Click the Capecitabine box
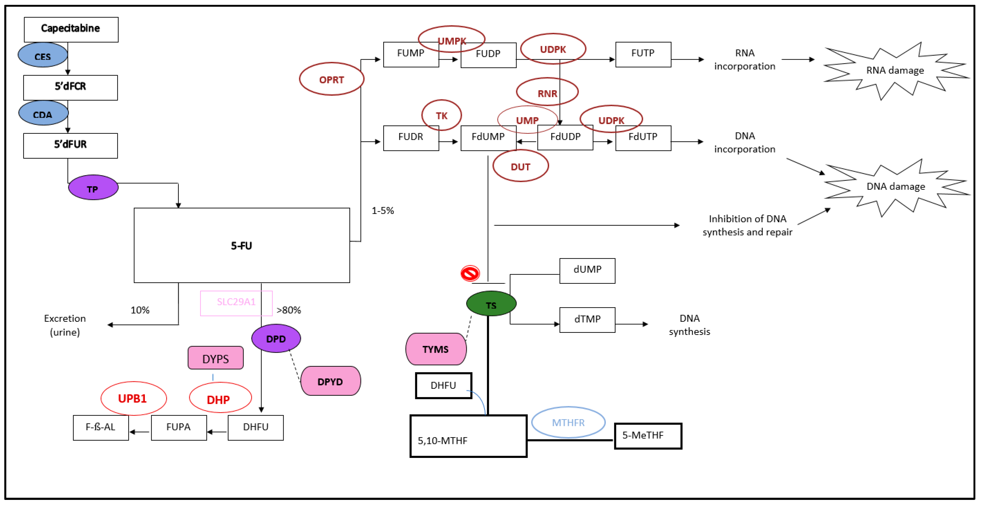click(71, 29)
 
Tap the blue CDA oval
click(43, 114)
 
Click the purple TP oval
click(93, 188)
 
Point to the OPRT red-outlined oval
click(331, 79)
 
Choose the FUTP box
click(643, 54)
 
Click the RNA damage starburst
click(895, 71)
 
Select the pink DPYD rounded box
click(330, 381)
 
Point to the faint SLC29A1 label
click(236, 302)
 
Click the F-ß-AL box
click(101, 427)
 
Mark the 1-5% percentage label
click(382, 211)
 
